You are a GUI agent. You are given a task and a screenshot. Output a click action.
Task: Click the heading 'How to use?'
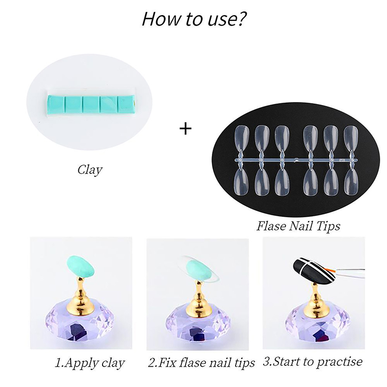pyautogui.click(x=194, y=18)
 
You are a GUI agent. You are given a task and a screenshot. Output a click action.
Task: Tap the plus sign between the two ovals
pyautogui.click(x=185, y=128)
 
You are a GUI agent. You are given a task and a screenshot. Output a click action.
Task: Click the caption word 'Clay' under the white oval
pyautogui.click(x=90, y=170)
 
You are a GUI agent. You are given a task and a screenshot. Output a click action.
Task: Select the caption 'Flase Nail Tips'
pyautogui.click(x=298, y=225)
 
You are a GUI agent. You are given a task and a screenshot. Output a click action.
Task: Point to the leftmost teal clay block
pyautogui.click(x=55, y=104)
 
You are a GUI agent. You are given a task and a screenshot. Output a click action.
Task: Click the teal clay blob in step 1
pyautogui.click(x=80, y=267)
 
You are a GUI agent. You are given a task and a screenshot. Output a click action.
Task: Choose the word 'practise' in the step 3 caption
pyautogui.click(x=340, y=362)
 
